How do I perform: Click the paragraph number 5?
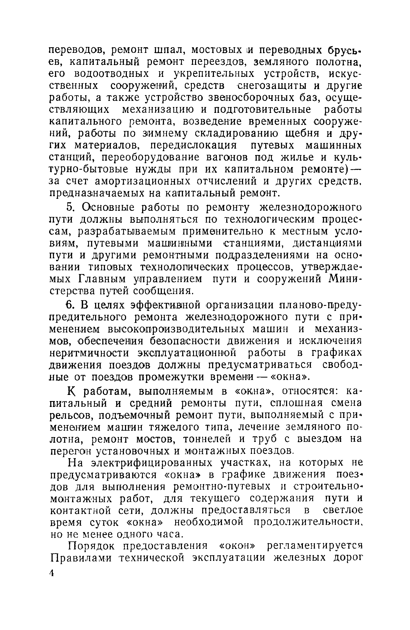[x=69, y=207]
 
